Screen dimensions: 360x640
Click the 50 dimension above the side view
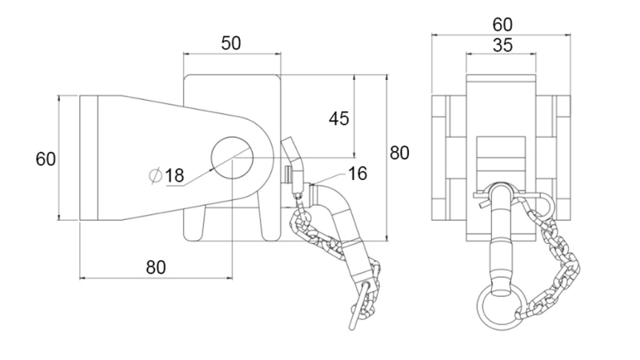231,44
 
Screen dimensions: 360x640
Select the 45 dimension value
339,119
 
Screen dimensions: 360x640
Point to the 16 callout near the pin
358,173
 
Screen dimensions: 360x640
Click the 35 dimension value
502,45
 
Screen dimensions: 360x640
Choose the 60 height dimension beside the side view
46,158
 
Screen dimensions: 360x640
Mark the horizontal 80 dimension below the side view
156,266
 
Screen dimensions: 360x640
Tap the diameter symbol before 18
156,175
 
